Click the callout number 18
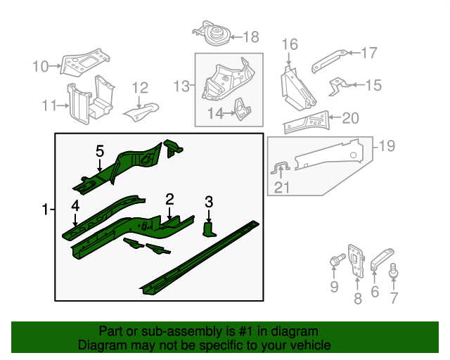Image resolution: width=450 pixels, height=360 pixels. [x=250, y=37]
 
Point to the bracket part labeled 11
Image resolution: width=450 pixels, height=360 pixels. [x=87, y=103]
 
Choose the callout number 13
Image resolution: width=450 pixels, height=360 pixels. [x=182, y=86]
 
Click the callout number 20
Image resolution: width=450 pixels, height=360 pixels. [x=349, y=118]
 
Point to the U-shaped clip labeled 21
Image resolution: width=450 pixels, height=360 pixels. [x=281, y=168]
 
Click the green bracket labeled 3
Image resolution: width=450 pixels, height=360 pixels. [x=210, y=229]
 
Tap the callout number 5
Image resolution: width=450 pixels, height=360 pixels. [x=99, y=150]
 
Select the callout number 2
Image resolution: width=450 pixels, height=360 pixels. [x=169, y=198]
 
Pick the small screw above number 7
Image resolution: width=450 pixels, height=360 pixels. [x=394, y=269]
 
